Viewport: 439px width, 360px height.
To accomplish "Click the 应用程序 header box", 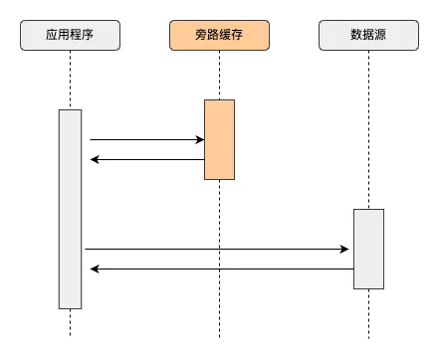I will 71,38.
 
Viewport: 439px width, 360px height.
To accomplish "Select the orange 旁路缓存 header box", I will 219,38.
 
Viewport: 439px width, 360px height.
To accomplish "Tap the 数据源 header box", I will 368,38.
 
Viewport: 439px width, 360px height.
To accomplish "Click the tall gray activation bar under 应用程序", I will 70,209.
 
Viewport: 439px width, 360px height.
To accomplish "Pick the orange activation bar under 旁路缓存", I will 219,139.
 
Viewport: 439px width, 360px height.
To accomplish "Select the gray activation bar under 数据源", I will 368,249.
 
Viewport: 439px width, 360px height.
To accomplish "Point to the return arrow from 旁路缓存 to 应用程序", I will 149,159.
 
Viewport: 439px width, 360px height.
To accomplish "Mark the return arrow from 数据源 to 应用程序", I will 219,269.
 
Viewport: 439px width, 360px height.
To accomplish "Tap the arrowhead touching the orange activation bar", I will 199,140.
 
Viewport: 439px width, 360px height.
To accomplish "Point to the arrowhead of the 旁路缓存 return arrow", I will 95,159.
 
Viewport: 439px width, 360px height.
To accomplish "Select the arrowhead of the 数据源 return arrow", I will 95,269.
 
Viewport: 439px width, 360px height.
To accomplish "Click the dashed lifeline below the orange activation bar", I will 219,259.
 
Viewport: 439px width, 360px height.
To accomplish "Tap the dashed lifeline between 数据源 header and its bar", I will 368,129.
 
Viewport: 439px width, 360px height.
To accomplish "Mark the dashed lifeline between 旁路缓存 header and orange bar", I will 219,76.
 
